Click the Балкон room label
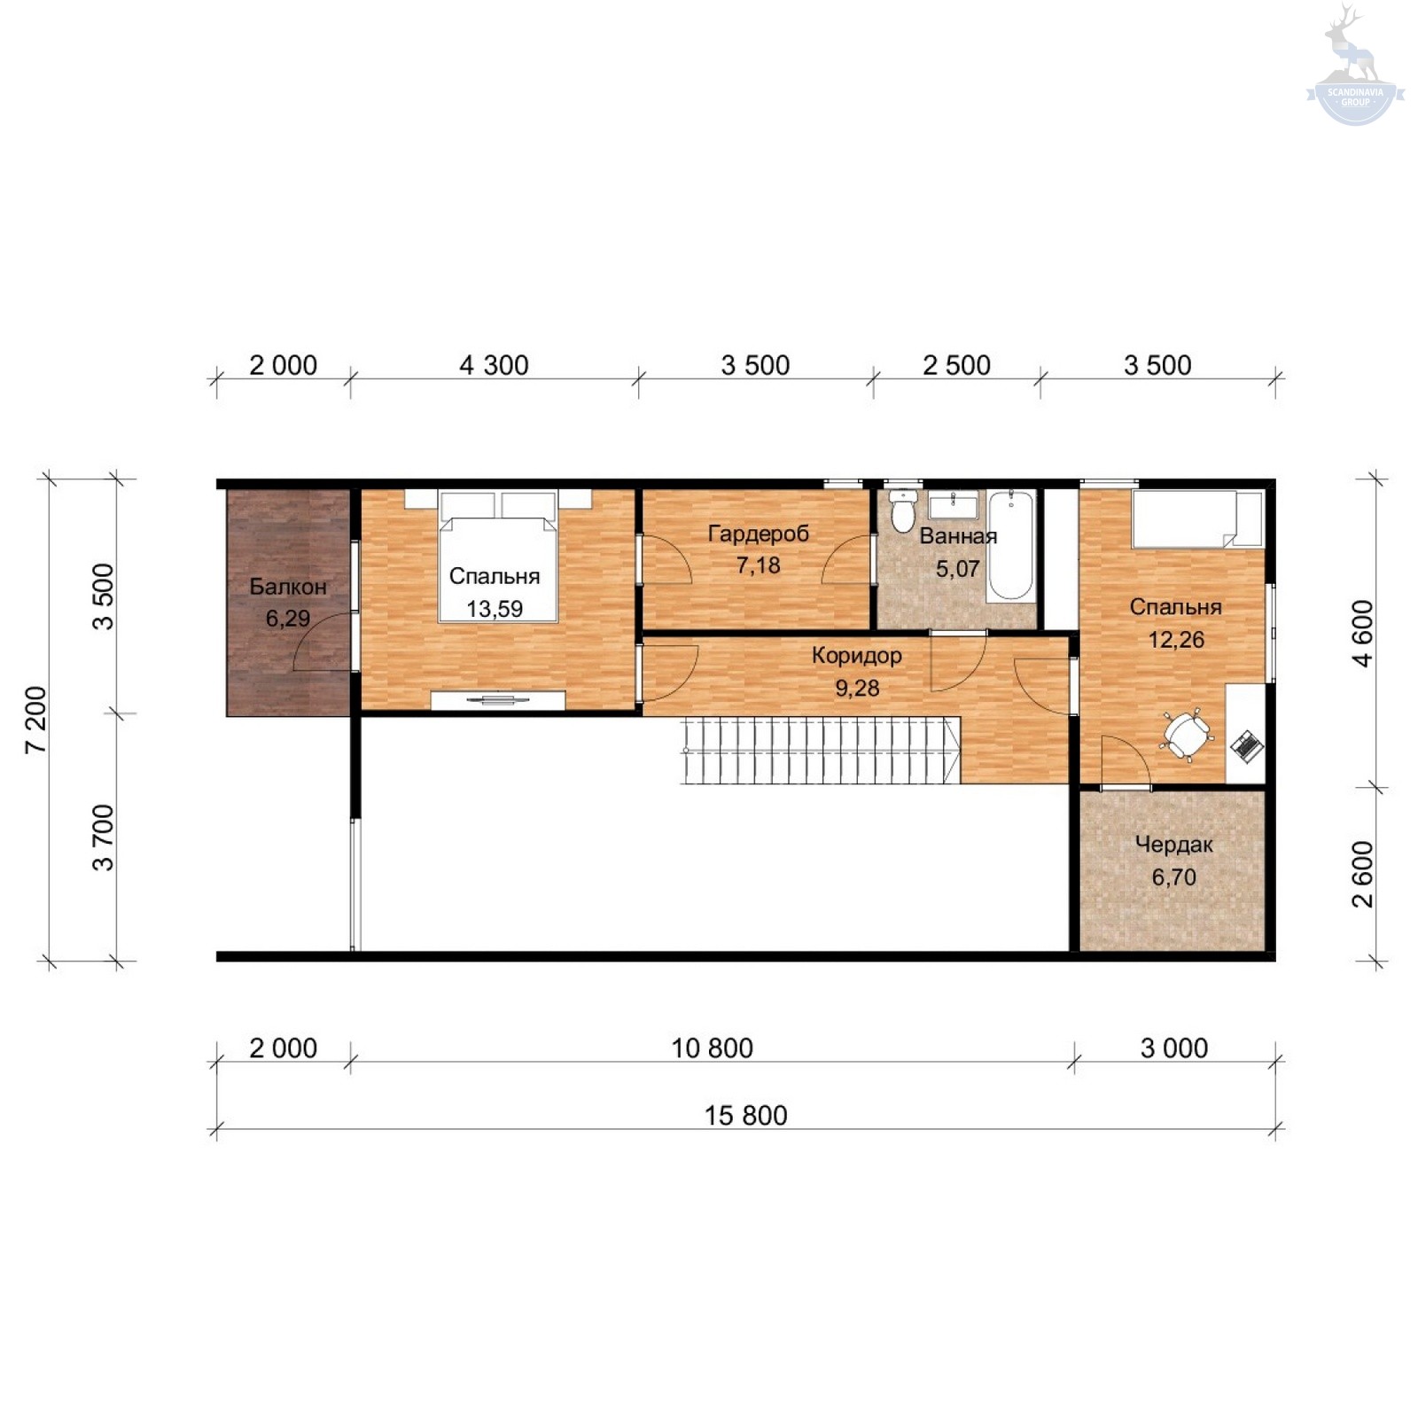[x=288, y=587]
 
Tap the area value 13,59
[x=495, y=609]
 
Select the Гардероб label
[x=759, y=534]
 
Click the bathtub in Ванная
[x=1011, y=544]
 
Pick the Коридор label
[x=857, y=656]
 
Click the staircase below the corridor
[x=822, y=751]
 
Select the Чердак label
[x=1174, y=845]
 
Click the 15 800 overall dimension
[x=746, y=1116]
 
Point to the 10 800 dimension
[x=712, y=1048]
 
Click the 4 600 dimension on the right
[x=1363, y=634]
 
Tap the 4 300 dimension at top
[x=494, y=365]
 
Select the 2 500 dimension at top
[x=956, y=365]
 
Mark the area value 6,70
[x=1174, y=877]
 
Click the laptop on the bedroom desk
[x=1247, y=745]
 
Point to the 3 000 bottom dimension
[x=1174, y=1048]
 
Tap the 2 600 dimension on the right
[x=1363, y=875]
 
